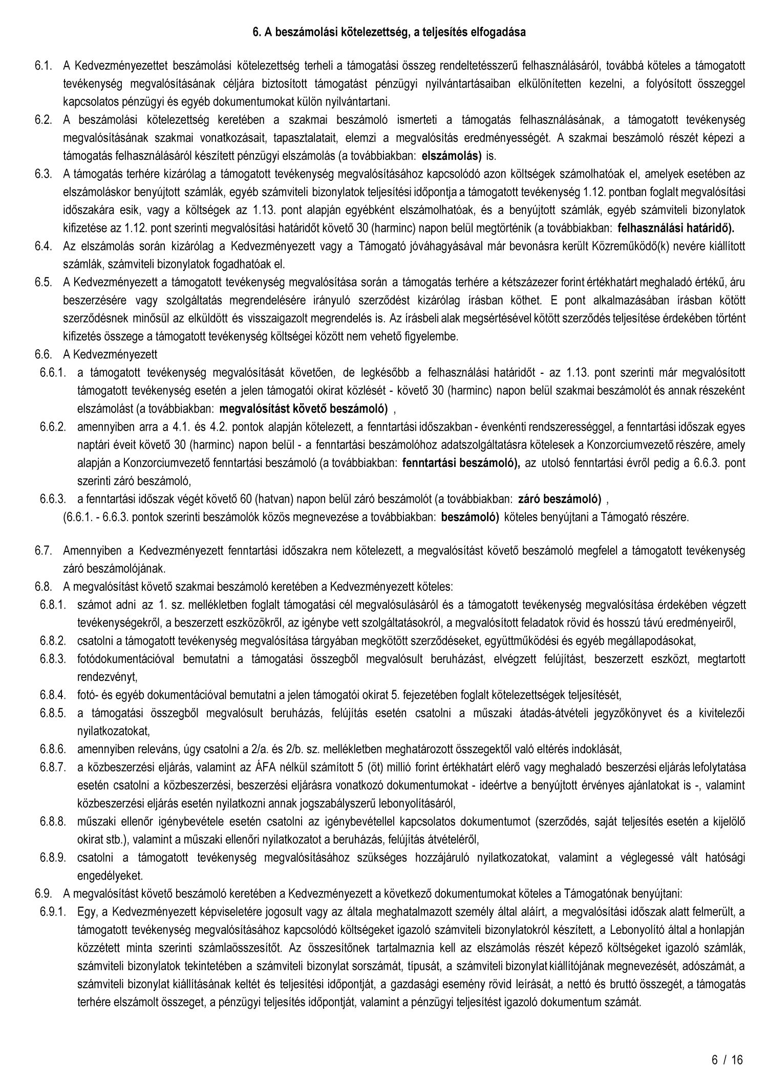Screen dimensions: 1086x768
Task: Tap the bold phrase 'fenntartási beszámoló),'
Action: [x=461, y=463]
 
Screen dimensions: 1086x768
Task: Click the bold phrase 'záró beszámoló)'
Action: [x=560, y=499]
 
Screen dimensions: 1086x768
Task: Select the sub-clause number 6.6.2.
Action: [x=53, y=427]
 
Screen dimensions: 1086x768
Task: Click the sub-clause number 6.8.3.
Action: [x=53, y=658]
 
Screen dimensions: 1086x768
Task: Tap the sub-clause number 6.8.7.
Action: [x=53, y=767]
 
